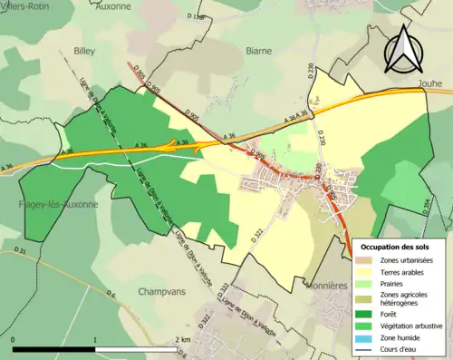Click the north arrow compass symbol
[405, 49]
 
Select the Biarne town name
[258, 52]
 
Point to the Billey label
[84, 53]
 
